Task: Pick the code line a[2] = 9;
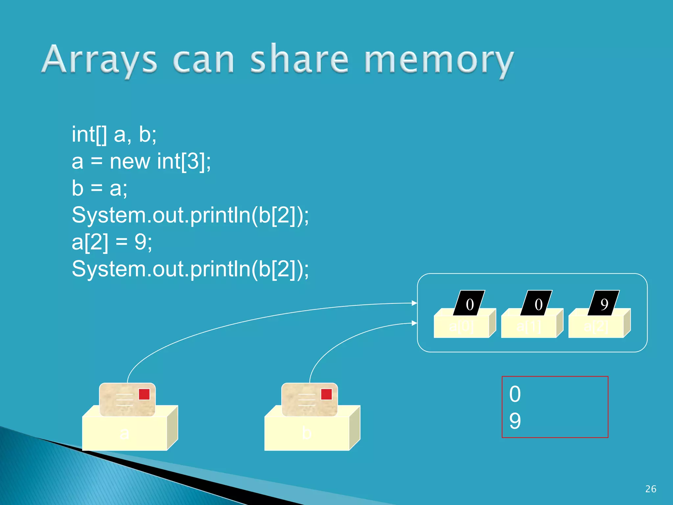click(x=112, y=242)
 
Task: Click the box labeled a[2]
click(x=596, y=327)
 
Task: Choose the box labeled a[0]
click(x=461, y=327)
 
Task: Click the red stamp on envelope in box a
click(x=144, y=394)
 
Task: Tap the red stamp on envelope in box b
click(x=326, y=394)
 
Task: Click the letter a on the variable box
click(x=124, y=433)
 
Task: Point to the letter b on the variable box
click(x=307, y=433)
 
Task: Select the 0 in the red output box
click(x=515, y=394)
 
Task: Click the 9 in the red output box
click(x=515, y=421)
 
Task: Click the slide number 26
click(x=651, y=489)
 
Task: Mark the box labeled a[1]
click(x=529, y=327)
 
